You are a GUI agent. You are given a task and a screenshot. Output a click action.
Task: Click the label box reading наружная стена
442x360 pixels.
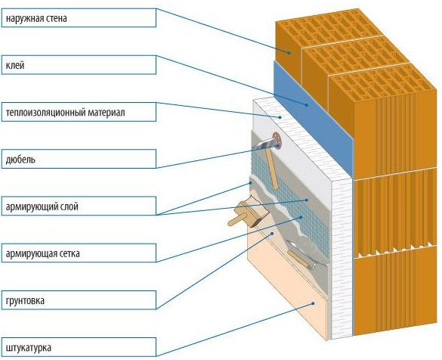(79, 18)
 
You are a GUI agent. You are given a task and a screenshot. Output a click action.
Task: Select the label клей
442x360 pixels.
(79, 65)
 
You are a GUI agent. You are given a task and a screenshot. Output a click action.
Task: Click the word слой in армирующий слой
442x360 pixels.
(70, 206)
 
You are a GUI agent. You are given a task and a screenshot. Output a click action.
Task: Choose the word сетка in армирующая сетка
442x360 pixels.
(70, 253)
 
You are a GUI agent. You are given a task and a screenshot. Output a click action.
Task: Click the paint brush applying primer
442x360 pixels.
(247, 214)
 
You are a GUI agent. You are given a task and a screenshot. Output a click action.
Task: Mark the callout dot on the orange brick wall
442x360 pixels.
(289, 52)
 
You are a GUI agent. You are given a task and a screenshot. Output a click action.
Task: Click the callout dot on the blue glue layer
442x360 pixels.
(307, 104)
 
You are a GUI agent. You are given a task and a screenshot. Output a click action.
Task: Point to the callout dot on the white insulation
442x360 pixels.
(280, 117)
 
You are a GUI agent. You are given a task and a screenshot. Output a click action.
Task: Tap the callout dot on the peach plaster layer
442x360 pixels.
(313, 303)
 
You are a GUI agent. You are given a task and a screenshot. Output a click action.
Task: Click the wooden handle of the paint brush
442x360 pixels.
(236, 219)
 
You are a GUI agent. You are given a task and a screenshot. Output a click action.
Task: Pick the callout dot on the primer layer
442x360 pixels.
(272, 234)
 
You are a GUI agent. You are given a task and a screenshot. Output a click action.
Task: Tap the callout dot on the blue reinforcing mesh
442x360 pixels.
(301, 217)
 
